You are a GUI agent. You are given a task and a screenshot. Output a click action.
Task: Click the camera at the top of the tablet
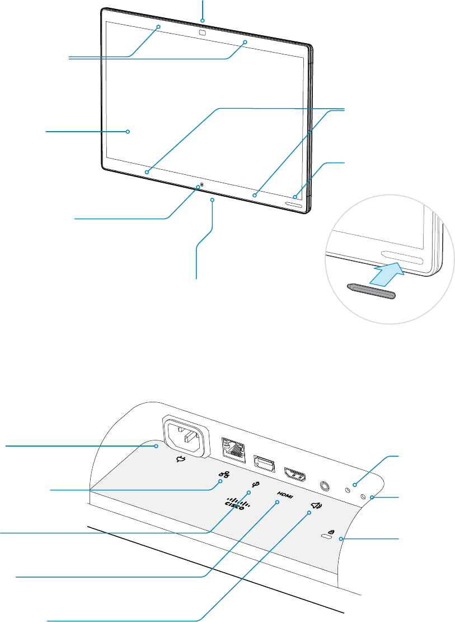[202, 33]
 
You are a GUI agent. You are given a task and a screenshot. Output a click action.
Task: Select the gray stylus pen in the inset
[370, 289]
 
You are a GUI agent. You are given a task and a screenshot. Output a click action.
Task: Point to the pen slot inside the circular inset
[402, 258]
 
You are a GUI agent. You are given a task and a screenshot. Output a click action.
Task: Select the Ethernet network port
[233, 449]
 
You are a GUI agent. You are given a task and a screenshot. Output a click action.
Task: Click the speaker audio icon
[316, 507]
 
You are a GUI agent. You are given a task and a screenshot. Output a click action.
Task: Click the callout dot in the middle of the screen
[128, 132]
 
